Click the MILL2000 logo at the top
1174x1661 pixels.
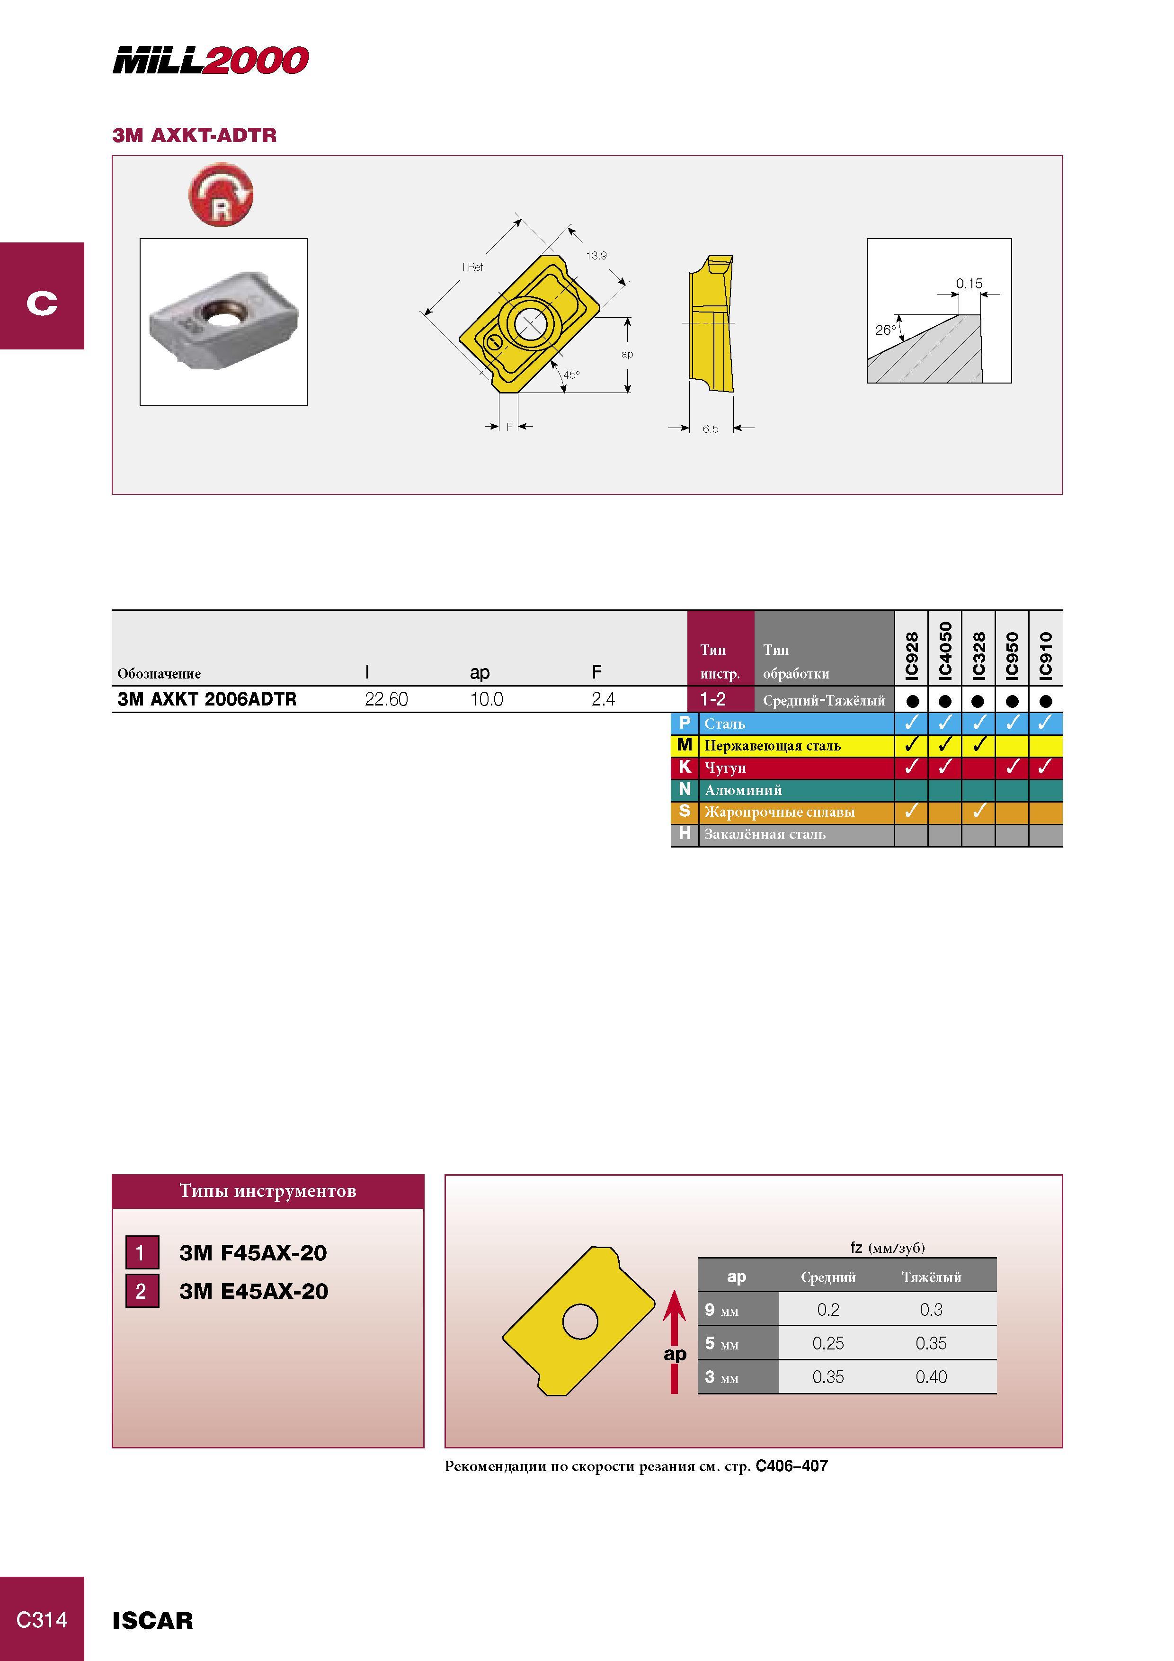point(211,60)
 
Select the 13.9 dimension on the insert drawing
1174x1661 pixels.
point(597,255)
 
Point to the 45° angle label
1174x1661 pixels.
point(571,375)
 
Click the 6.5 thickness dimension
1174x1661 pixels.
point(711,429)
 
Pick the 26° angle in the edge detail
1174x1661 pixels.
point(885,330)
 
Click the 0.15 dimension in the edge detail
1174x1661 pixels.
point(969,284)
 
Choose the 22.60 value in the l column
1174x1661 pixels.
point(386,699)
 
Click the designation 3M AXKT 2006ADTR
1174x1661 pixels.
point(207,699)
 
